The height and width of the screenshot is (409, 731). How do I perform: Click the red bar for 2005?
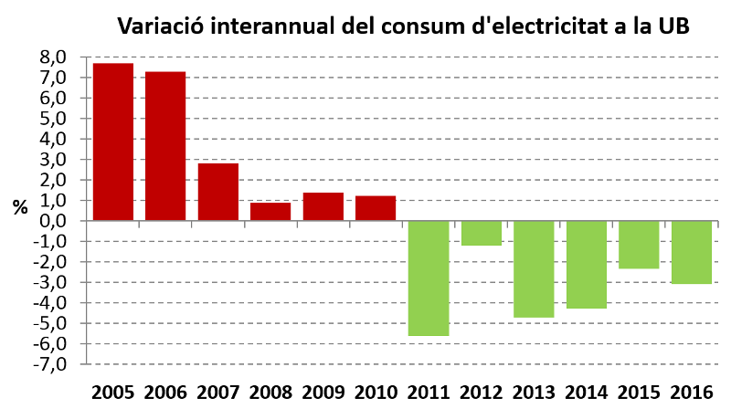tap(112, 142)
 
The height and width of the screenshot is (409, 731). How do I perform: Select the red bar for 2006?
tap(165, 146)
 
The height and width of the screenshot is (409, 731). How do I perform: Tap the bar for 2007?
tap(217, 192)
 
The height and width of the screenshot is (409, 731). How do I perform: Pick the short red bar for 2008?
tap(270, 211)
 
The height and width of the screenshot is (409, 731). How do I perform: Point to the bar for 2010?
tap(376, 208)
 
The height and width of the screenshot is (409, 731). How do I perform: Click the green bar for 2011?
tap(429, 278)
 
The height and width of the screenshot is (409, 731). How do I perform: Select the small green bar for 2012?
tap(481, 233)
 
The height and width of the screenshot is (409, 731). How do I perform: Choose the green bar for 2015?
tap(639, 244)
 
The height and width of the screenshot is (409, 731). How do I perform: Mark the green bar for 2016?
tap(691, 252)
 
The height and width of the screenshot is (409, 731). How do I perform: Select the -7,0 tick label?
tap(50, 364)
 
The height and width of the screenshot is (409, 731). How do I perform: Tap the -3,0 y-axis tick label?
tap(50, 282)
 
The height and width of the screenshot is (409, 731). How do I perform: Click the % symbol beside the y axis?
tap(19, 207)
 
